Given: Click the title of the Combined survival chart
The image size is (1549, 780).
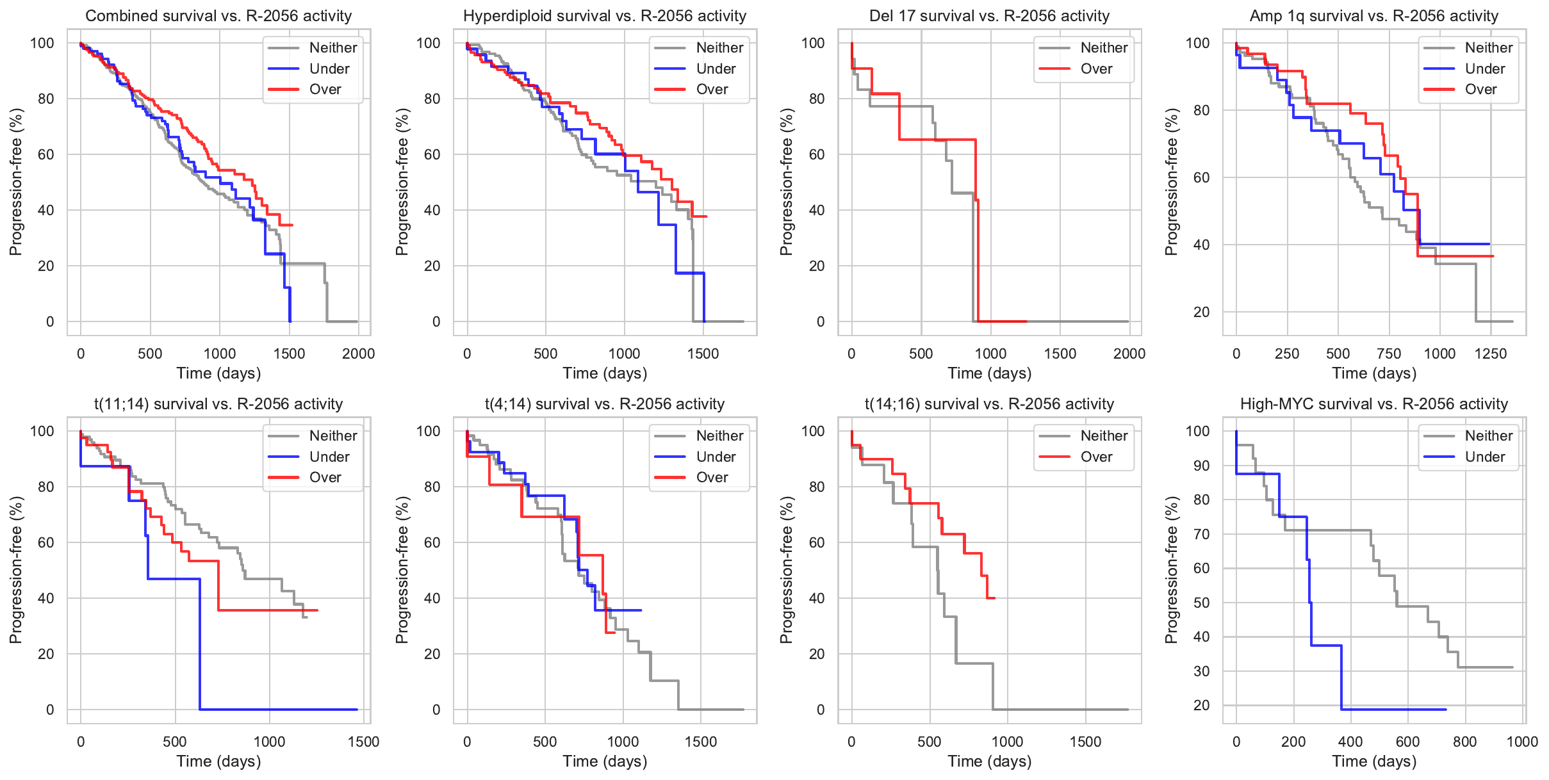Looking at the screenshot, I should [x=218, y=16].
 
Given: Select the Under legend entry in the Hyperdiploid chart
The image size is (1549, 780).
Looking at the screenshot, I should [x=716, y=69].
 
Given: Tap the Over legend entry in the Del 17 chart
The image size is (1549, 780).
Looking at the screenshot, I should [x=1096, y=69].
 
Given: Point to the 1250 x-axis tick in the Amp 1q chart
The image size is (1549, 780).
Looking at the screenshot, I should [x=1491, y=353].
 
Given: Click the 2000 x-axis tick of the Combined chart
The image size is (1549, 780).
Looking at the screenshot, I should [x=358, y=353].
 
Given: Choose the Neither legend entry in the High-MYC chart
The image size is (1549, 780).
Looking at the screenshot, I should [x=1488, y=435].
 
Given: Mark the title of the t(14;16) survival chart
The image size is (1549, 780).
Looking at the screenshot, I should [x=989, y=404].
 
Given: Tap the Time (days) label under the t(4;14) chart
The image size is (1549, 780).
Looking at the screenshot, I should [x=605, y=761].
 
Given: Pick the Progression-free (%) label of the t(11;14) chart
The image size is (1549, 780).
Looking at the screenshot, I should [x=15, y=570].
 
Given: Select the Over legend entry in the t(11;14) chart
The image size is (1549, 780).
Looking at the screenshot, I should [x=325, y=477].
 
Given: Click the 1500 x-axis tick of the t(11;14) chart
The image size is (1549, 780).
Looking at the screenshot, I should [x=364, y=742].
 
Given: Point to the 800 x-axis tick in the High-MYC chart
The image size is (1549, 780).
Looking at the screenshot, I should [x=1465, y=742].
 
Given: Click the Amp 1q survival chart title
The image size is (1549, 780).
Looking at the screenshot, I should [x=1374, y=16].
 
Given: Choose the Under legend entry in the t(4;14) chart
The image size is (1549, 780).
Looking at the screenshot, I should [x=716, y=457].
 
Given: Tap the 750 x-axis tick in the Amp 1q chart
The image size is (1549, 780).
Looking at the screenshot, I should [x=1389, y=353].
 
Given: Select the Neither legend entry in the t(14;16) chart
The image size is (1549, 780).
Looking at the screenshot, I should [x=1104, y=435].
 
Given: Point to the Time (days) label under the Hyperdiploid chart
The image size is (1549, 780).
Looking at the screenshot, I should [x=605, y=373].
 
